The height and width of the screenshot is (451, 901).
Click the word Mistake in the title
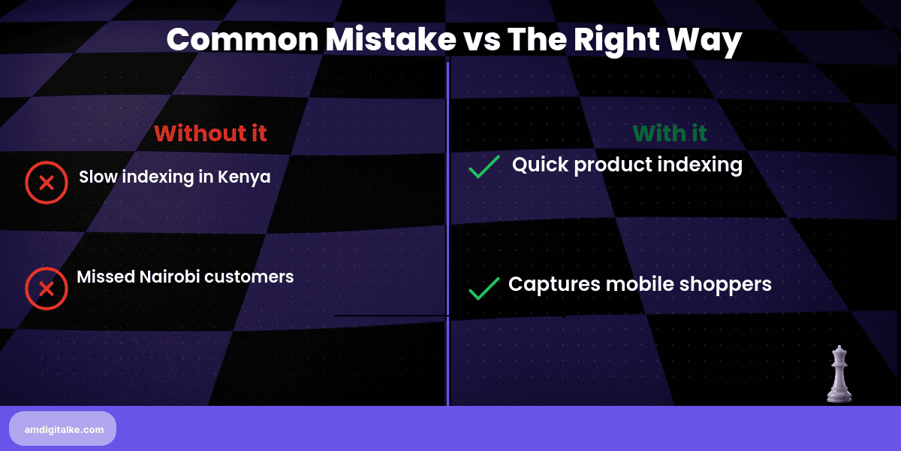click(390, 39)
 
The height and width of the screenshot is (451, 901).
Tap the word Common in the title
click(243, 39)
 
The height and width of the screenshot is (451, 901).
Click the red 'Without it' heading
click(210, 133)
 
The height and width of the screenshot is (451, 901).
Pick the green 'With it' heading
click(670, 133)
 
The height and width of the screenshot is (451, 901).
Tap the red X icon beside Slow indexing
click(47, 183)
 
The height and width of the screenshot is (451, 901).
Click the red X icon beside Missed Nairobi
click(47, 289)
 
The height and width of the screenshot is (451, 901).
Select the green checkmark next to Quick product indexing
click(484, 167)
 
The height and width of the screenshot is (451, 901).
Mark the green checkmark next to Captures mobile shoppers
click(484, 289)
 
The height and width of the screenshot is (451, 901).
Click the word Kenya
click(244, 177)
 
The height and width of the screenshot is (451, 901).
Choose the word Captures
click(554, 285)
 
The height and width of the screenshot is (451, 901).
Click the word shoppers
click(725, 285)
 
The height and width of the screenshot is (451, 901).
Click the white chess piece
click(839, 374)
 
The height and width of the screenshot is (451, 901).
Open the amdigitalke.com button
click(63, 429)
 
